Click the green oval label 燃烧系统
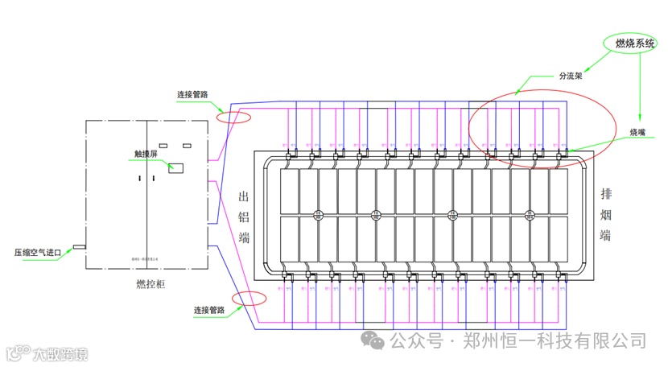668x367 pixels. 634,43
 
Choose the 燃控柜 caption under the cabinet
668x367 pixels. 151,283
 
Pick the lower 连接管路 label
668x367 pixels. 210,310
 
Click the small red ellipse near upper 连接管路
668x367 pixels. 233,118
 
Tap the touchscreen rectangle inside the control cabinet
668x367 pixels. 175,168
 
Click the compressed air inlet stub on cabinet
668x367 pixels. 80,246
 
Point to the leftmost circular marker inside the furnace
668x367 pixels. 318,215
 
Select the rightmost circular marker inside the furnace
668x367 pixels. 530,215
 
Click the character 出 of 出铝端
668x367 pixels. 244,197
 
